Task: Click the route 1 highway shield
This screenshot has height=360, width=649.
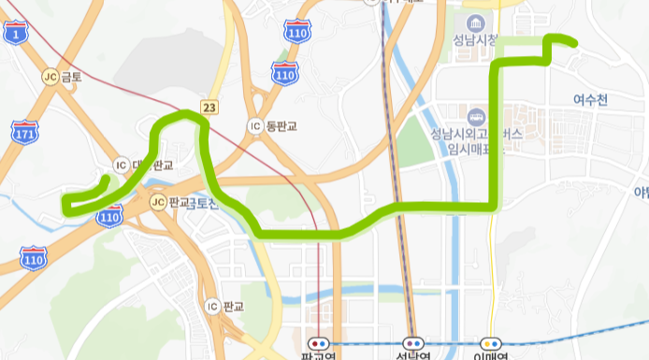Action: pyautogui.click(x=17, y=35)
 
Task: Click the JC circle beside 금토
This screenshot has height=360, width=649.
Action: pyautogui.click(x=50, y=77)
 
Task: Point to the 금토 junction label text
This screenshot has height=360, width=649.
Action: pyautogui.click(x=72, y=78)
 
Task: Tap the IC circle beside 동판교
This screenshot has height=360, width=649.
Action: pyautogui.click(x=253, y=125)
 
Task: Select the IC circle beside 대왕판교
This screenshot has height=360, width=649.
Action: pyautogui.click(x=120, y=166)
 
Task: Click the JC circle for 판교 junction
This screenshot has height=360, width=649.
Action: pyautogui.click(x=157, y=202)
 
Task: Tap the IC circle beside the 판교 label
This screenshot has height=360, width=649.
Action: pyautogui.click(x=212, y=306)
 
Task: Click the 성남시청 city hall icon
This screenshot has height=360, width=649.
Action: pyautogui.click(x=474, y=22)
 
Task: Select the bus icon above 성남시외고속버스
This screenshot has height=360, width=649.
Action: pyautogui.click(x=476, y=117)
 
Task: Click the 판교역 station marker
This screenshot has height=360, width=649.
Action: pyautogui.click(x=320, y=342)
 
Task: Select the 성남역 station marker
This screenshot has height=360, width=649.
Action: pyautogui.click(x=411, y=342)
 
